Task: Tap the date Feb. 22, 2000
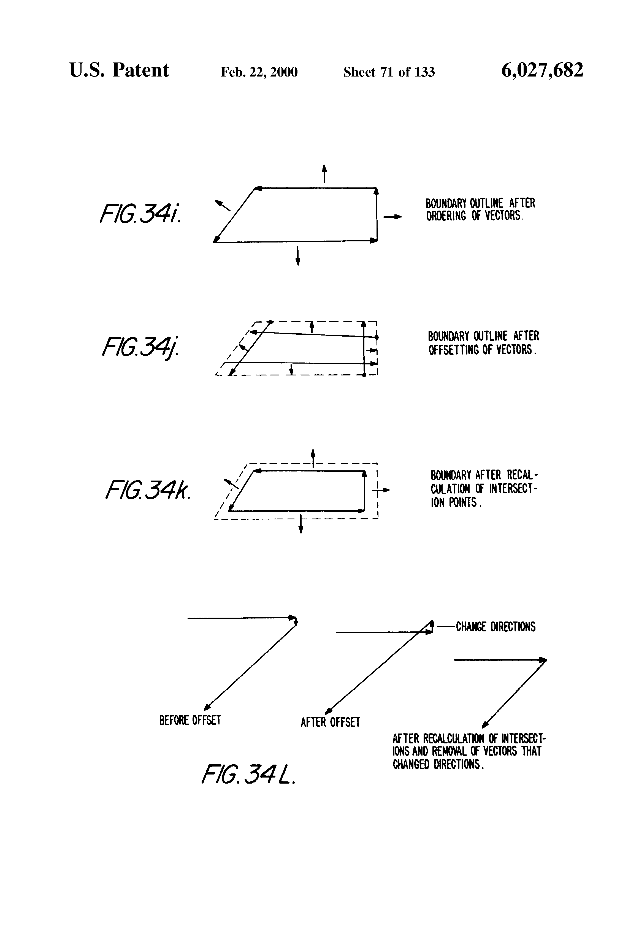pyautogui.click(x=259, y=72)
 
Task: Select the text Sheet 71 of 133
pyautogui.click(x=389, y=72)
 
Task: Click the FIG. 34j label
pyautogui.click(x=140, y=347)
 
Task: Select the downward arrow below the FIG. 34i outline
pyautogui.click(x=298, y=255)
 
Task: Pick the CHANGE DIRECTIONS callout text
pyautogui.click(x=495, y=626)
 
